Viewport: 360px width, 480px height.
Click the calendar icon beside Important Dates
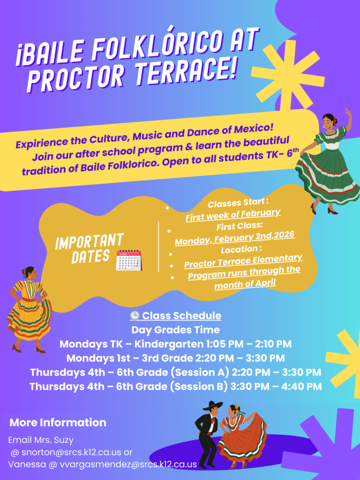point(129,260)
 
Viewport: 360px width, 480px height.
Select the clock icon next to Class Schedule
point(135,315)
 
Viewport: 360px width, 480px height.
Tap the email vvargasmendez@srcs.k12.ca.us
point(128,465)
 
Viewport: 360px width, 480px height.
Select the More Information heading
point(58,422)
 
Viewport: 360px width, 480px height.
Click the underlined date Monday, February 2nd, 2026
point(234,238)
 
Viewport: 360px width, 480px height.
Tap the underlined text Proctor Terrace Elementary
point(243,261)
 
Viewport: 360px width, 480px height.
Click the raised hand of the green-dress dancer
point(348,112)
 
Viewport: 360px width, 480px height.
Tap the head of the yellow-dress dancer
point(29,272)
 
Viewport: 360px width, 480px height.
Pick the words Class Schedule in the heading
point(181,315)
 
